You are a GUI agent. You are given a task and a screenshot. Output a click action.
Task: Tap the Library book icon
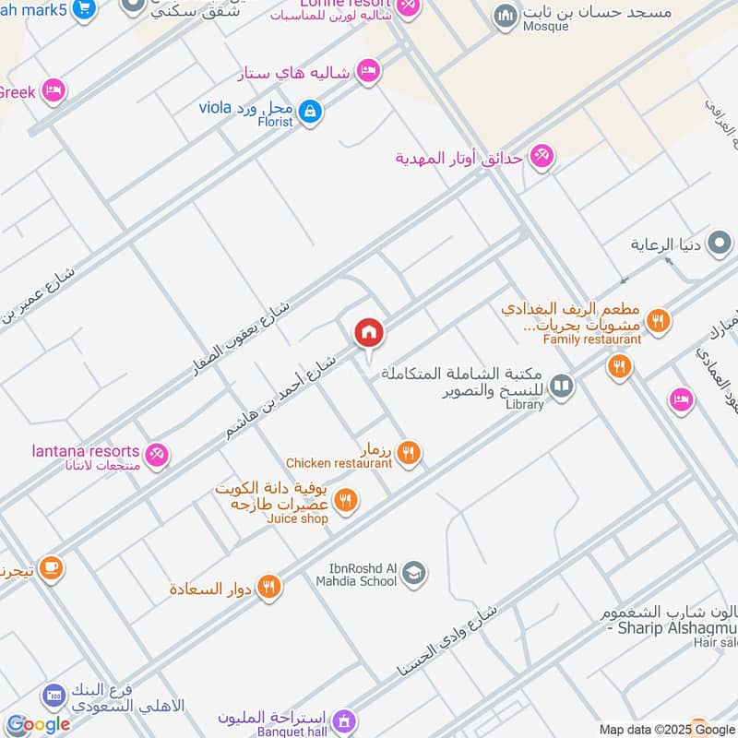click(x=561, y=386)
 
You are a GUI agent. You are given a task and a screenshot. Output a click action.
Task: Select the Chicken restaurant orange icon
click(x=410, y=452)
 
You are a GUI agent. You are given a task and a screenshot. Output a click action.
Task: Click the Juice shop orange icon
click(x=347, y=500)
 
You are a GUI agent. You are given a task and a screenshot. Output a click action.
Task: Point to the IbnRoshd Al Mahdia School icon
click(x=415, y=574)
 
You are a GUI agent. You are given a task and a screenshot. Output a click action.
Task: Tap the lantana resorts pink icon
click(x=158, y=455)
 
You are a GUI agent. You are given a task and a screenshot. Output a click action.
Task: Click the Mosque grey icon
click(x=505, y=16)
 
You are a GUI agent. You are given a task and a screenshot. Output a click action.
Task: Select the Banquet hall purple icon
click(x=343, y=719)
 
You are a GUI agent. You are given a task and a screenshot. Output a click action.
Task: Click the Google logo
click(x=38, y=725)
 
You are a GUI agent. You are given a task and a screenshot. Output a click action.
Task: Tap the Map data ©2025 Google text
click(x=665, y=730)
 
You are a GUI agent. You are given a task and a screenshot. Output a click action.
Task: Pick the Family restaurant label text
click(x=591, y=339)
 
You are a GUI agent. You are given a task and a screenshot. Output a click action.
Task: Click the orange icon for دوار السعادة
click(x=268, y=587)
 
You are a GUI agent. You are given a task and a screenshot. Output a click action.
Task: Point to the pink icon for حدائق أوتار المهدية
click(x=542, y=157)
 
